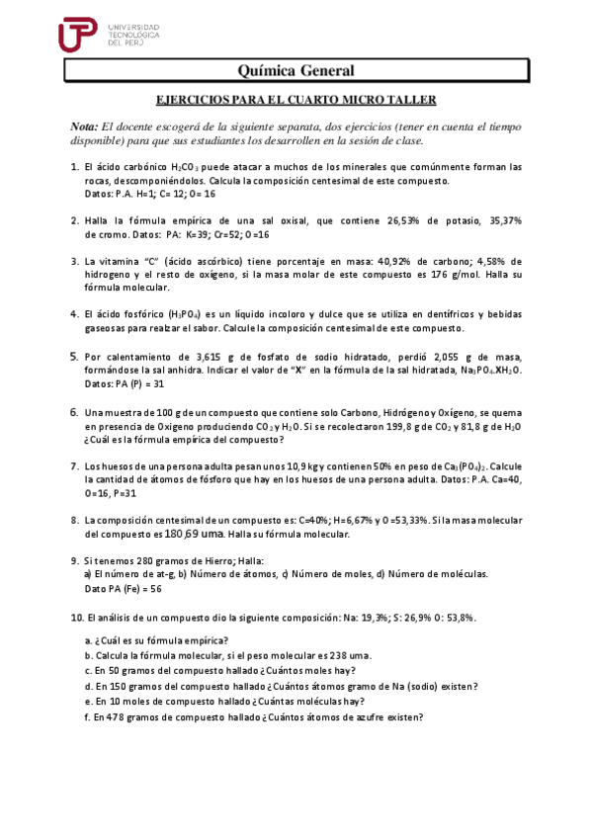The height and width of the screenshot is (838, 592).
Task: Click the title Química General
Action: pyautogui.click(x=296, y=70)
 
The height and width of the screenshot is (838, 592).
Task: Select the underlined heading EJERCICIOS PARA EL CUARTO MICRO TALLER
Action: pyautogui.click(x=297, y=100)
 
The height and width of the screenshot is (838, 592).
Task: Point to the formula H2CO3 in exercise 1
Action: pyautogui.click(x=189, y=168)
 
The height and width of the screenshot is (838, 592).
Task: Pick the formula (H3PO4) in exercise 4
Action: pyautogui.click(x=183, y=314)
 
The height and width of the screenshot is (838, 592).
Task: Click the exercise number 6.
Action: pyautogui.click(x=74, y=412)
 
